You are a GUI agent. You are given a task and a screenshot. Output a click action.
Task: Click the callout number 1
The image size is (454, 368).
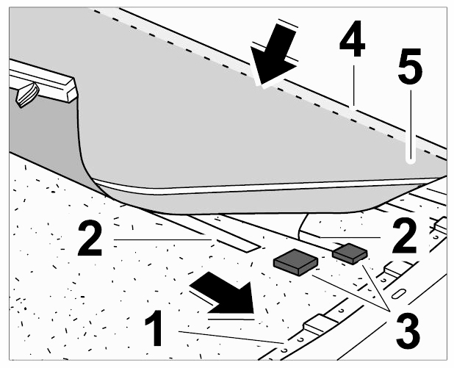click(154, 328)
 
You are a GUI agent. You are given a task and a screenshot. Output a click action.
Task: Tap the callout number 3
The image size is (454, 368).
click(408, 332)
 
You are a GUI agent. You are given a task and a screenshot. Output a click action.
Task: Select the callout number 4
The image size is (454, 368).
click(353, 38)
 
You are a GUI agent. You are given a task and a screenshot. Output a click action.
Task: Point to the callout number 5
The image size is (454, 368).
click(410, 66)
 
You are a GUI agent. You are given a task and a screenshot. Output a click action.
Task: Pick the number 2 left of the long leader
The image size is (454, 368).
click(90, 238)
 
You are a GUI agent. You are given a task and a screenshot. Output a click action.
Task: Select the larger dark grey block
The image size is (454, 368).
click(295, 261)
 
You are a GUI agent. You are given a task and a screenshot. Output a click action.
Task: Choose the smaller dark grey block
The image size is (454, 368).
click(350, 253)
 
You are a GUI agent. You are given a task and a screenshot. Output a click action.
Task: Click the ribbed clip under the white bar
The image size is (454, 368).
click(27, 95)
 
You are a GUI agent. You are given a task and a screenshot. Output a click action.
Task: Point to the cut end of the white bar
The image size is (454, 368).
click(72, 90)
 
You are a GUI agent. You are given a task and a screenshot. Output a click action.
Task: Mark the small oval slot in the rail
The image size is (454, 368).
click(398, 294)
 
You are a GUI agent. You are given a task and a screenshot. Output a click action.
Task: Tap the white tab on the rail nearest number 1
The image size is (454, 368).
click(320, 325)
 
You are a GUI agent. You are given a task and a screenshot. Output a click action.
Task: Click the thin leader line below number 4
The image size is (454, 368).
click(353, 87)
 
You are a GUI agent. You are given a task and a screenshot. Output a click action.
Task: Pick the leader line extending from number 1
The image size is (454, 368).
click(231, 337)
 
